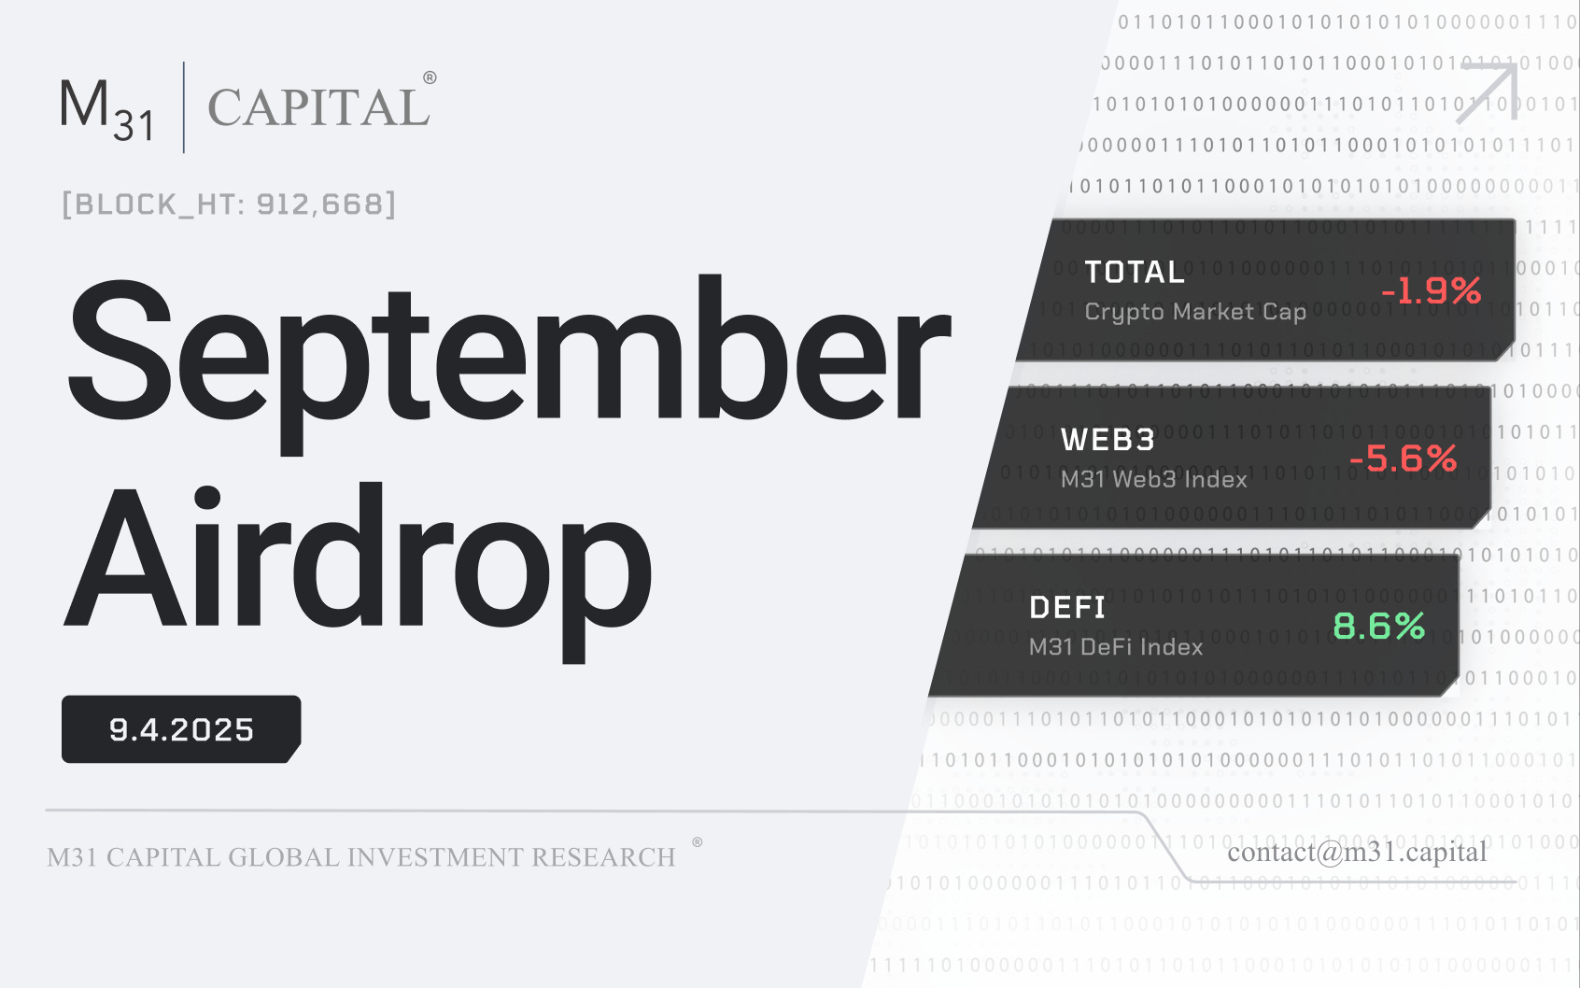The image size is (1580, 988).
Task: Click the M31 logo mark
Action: click(106, 108)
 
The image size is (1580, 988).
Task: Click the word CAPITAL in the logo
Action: click(318, 108)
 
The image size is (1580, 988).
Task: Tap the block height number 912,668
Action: click(319, 204)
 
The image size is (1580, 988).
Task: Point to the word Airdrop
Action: click(359, 560)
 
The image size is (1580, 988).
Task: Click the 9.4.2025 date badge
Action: click(181, 729)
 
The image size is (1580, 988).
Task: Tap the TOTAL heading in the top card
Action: click(1135, 272)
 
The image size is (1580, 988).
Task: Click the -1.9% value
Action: click(1432, 290)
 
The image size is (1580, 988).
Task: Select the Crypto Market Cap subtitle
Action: click(1195, 312)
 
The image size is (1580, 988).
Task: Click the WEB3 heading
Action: click(1108, 440)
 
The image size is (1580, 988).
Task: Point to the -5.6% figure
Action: click(1403, 459)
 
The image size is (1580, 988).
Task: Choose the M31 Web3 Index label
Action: click(1154, 479)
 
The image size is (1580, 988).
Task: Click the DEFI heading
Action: click(1067, 608)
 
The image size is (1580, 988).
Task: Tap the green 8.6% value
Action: click(1379, 626)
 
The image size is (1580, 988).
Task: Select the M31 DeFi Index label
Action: click(1116, 646)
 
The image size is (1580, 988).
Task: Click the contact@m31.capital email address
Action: click(1357, 852)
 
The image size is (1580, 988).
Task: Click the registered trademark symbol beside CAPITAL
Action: click(430, 78)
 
